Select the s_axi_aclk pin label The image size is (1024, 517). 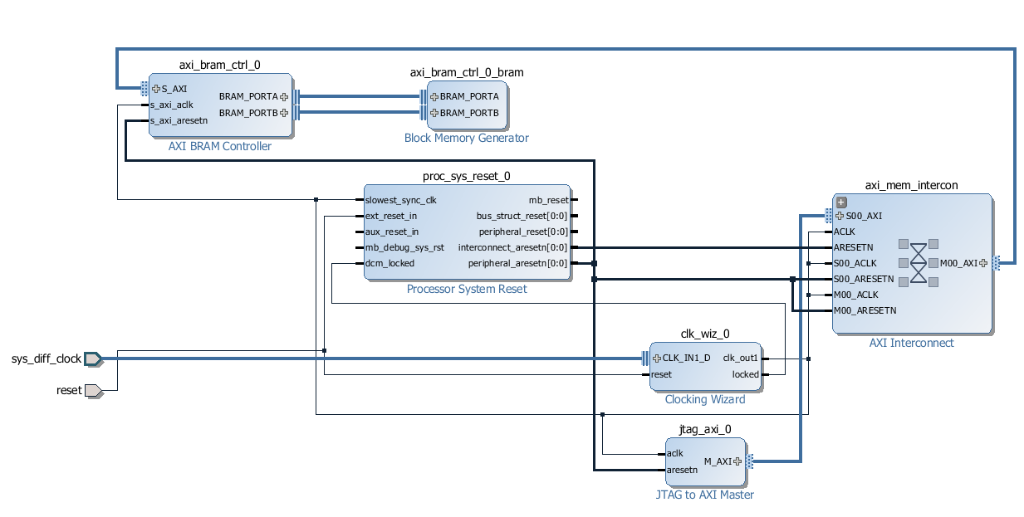pyautogui.click(x=171, y=105)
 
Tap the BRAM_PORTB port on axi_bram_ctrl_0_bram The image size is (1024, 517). pyautogui.click(x=468, y=113)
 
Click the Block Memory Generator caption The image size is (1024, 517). pyautogui.click(x=466, y=138)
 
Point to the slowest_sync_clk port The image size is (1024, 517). pyautogui.click(x=400, y=200)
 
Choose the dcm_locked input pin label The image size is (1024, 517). pyautogui.click(x=390, y=263)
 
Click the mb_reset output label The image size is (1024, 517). pyautogui.click(x=548, y=200)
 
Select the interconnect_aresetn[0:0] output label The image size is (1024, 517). pyautogui.click(x=512, y=247)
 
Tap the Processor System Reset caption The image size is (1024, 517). pyautogui.click(x=466, y=289)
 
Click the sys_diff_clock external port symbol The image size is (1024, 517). pyautogui.click(x=92, y=358)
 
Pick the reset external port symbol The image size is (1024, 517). pyautogui.click(x=93, y=390)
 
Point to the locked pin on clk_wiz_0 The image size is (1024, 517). pyautogui.click(x=745, y=374)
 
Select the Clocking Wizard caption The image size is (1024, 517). pyautogui.click(x=704, y=399)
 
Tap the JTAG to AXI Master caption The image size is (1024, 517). pyautogui.click(x=704, y=495)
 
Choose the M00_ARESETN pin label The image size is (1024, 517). pyautogui.click(x=865, y=310)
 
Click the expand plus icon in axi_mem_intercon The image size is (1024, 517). pyautogui.click(x=841, y=202)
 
